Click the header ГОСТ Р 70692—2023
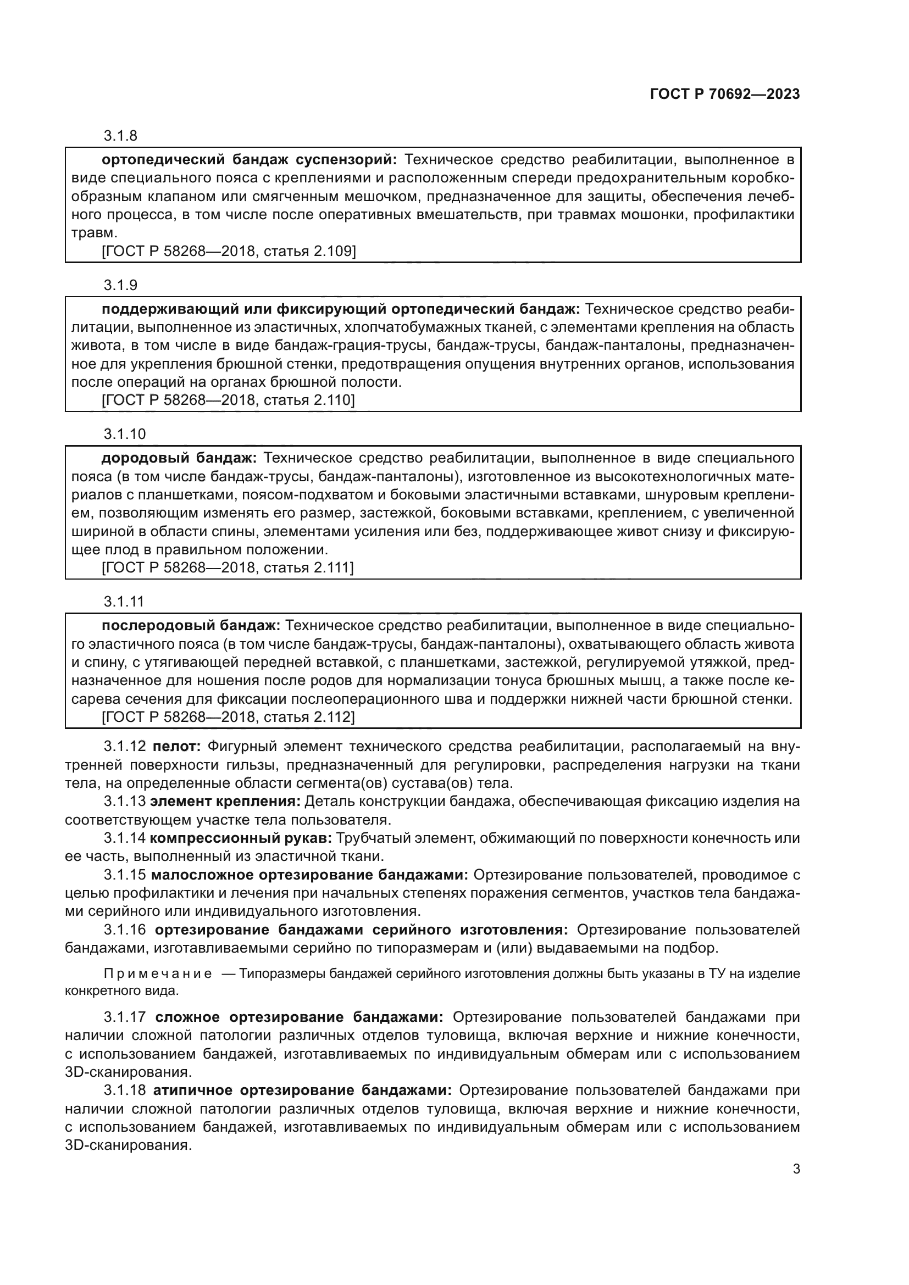point(725,94)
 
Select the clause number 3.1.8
point(120,136)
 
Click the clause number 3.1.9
point(120,285)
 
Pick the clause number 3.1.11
point(124,602)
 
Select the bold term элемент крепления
point(225,801)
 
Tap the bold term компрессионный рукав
point(241,838)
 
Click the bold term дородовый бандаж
point(179,458)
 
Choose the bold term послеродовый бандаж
point(190,625)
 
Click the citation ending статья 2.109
point(229,251)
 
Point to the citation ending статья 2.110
point(229,400)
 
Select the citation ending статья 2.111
point(229,568)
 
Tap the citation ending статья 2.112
point(229,717)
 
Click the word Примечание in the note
point(158,974)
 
